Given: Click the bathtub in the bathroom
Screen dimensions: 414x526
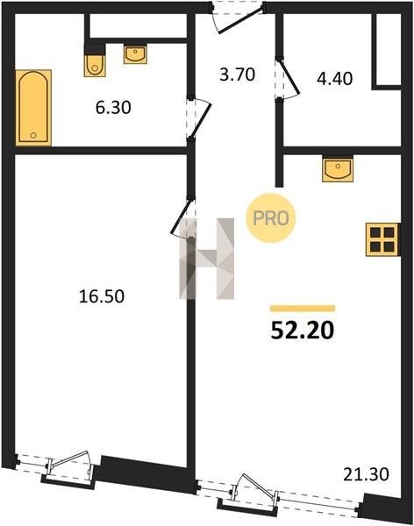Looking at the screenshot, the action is pyautogui.click(x=33, y=108).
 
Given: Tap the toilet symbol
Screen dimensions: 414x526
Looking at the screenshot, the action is pyautogui.click(x=95, y=60).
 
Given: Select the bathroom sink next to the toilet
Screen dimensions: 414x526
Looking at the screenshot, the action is pyautogui.click(x=135, y=53).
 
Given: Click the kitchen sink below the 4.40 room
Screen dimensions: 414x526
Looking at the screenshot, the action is pyautogui.click(x=338, y=168).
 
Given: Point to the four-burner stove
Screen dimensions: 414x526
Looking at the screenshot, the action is pyautogui.click(x=382, y=239).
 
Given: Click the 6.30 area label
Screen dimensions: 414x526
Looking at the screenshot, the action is pyautogui.click(x=113, y=108).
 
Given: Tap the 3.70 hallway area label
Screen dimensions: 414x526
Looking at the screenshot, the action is pyautogui.click(x=238, y=75).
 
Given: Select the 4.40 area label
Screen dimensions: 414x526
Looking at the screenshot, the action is pyautogui.click(x=335, y=79).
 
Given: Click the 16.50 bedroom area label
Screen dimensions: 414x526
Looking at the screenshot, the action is pyautogui.click(x=102, y=296).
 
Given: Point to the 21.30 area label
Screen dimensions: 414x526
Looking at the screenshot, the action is pyautogui.click(x=367, y=474).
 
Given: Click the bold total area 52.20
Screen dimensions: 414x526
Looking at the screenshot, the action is pyautogui.click(x=303, y=331).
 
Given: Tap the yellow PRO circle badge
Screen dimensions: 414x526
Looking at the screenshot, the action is pyautogui.click(x=271, y=218).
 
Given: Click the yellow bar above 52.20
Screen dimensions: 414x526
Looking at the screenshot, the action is pyautogui.click(x=303, y=309).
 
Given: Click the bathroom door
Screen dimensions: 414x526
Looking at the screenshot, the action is pyautogui.click(x=199, y=118).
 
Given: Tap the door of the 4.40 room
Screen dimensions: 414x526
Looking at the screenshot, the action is pyautogui.click(x=287, y=80).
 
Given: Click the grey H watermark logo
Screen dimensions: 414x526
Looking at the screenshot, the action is pyautogui.click(x=206, y=259).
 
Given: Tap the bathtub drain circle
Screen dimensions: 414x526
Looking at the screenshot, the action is pyautogui.click(x=33, y=135).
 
